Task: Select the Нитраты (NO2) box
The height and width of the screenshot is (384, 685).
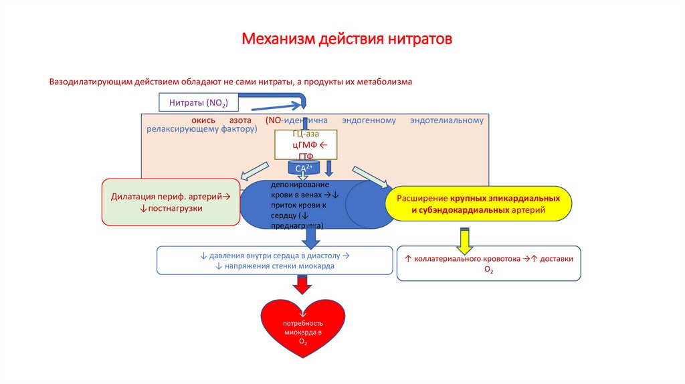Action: pos(199,102)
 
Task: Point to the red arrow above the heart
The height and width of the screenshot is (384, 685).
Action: pos(303,286)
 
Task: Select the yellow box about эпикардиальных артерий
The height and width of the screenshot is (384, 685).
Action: pos(479,205)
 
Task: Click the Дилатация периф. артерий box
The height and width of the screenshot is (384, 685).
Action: pos(171,202)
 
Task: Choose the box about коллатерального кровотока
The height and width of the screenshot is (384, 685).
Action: pos(488,263)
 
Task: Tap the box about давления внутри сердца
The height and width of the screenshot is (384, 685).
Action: pos(274,260)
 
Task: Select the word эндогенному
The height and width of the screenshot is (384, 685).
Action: pos(369,120)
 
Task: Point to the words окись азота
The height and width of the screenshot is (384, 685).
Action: pos(221,120)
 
